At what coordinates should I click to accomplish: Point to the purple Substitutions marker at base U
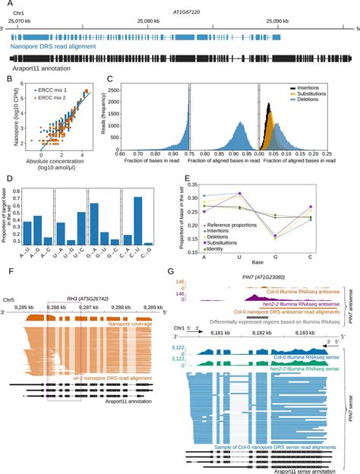coord(240,193)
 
